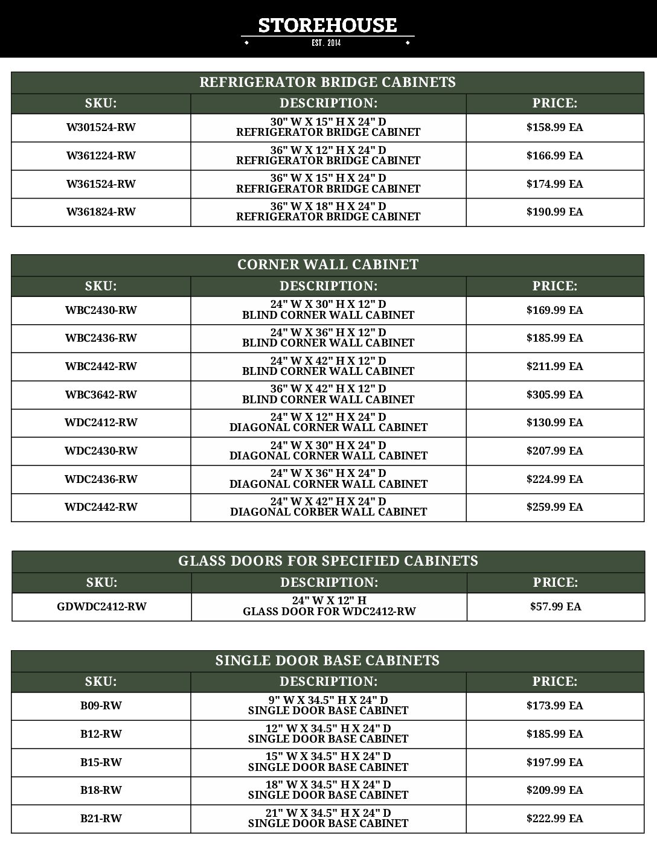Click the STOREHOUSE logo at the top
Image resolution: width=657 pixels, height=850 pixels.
[x=327, y=26]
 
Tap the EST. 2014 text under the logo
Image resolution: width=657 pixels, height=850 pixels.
[x=327, y=43]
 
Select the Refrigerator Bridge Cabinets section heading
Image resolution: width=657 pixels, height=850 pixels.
[x=327, y=82]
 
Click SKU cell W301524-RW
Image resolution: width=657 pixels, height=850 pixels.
[x=101, y=127]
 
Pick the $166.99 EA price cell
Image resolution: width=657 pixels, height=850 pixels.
[x=554, y=156]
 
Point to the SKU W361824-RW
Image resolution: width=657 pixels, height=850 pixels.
[x=101, y=212]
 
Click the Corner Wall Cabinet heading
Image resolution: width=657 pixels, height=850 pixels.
[x=327, y=264]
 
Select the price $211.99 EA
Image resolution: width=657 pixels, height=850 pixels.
[x=554, y=366]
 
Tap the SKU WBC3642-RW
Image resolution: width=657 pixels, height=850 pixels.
[x=101, y=395]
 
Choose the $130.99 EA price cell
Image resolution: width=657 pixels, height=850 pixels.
[x=554, y=423]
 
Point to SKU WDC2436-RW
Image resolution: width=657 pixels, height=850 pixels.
[x=101, y=479]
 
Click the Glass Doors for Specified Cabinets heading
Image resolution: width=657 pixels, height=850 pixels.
[x=328, y=561]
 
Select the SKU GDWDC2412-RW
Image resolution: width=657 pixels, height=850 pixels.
[x=101, y=607]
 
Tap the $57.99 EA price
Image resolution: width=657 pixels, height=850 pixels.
[x=555, y=607]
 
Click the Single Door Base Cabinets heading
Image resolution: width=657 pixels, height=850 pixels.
[x=327, y=660]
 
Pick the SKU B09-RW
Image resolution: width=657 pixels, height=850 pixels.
[x=101, y=706]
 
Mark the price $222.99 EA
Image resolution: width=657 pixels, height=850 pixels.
[x=554, y=819]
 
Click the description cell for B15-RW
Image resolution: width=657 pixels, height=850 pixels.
[x=328, y=762]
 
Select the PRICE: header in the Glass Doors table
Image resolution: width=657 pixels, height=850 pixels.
[x=555, y=583]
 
